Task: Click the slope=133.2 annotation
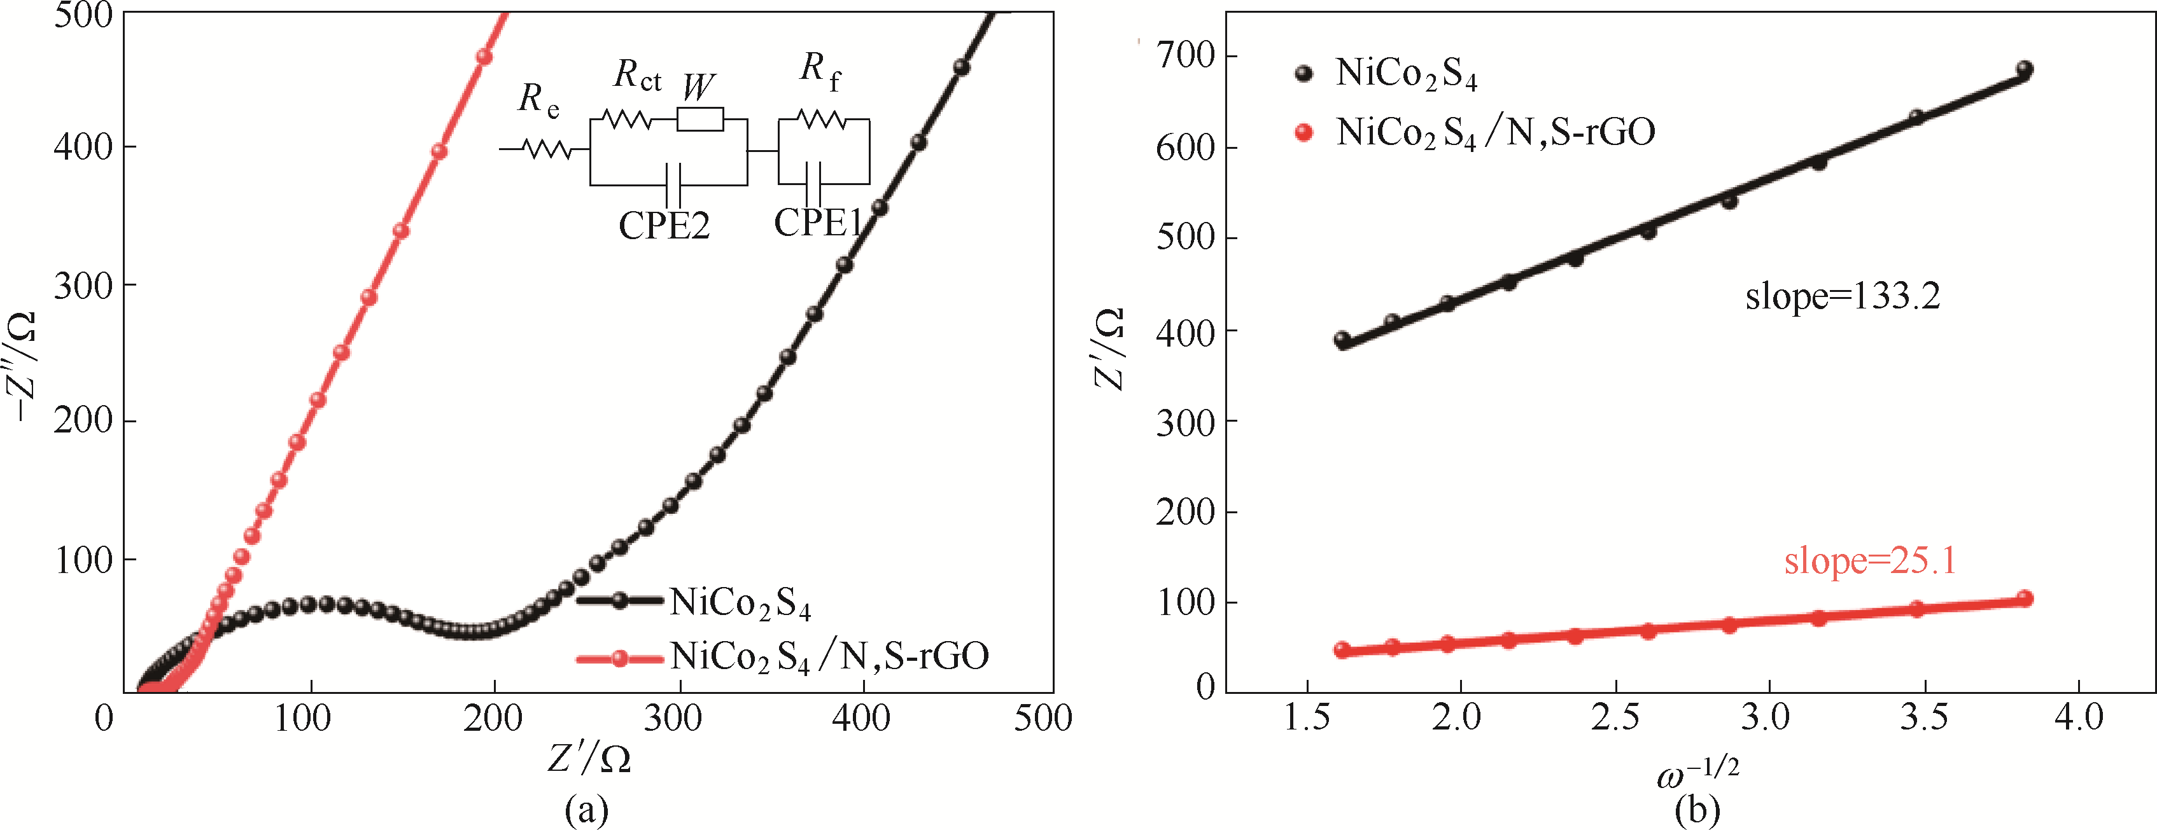point(1842,297)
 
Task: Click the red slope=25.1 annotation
point(1871,560)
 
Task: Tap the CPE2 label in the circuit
point(664,226)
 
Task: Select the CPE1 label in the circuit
point(818,223)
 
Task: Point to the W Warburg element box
point(700,119)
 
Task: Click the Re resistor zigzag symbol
point(546,149)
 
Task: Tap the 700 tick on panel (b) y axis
point(1184,56)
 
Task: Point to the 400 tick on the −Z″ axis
point(82,148)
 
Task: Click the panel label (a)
point(586,809)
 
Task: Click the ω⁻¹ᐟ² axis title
point(1697,771)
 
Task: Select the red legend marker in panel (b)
point(1303,132)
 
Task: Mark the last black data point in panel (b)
point(2025,69)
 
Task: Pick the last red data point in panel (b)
point(2025,598)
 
